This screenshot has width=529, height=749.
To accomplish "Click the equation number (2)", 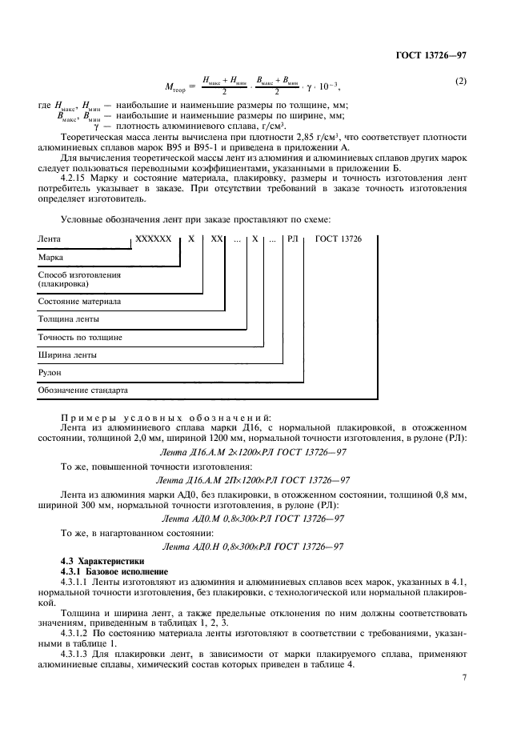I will (460, 82).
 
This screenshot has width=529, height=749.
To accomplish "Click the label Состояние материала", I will (79, 302).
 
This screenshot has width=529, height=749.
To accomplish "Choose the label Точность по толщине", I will (80, 337).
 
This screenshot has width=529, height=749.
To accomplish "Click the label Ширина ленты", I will (67, 354).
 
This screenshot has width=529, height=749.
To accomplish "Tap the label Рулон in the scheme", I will (50, 372).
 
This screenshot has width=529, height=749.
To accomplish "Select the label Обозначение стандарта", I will (82, 391).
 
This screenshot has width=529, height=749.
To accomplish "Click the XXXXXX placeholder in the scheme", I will (154, 239).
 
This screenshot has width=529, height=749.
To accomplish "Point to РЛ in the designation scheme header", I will (292, 239).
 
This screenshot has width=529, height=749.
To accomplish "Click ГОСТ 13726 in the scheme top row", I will (339, 239).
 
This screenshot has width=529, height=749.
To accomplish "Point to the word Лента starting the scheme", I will (50, 239).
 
